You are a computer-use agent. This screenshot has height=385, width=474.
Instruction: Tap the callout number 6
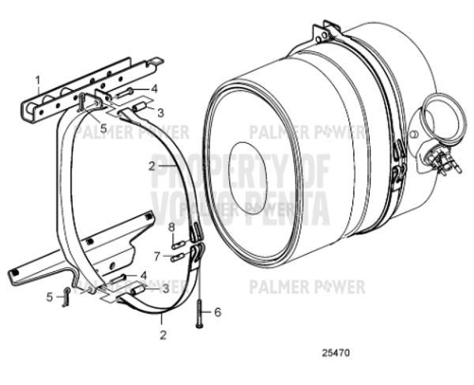tap(218, 311)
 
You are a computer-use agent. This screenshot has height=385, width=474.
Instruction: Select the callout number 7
tap(156, 255)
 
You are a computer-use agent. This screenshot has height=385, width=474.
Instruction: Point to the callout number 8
tap(171, 227)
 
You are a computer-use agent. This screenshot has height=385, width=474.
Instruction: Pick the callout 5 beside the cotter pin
tap(49, 297)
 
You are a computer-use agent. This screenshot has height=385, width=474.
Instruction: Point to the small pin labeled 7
tap(177, 256)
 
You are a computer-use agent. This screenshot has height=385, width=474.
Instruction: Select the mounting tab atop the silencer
tap(323, 35)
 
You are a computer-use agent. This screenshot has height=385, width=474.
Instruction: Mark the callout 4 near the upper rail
tap(155, 89)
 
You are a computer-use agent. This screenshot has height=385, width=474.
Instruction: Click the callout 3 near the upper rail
tap(160, 112)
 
